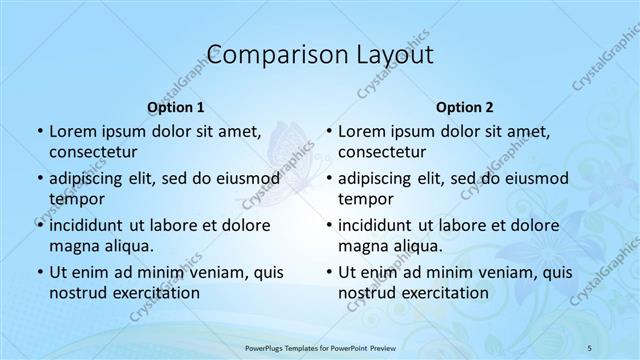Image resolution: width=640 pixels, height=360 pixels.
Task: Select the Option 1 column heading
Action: (x=176, y=106)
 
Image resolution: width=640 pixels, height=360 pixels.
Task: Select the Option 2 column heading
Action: (x=464, y=106)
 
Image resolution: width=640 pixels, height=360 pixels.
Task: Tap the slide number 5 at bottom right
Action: (x=590, y=347)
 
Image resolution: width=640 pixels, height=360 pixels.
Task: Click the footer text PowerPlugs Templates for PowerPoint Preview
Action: (x=319, y=347)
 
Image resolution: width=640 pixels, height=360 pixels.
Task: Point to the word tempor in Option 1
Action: (x=75, y=198)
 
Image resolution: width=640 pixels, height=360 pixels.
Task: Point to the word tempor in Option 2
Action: (x=364, y=198)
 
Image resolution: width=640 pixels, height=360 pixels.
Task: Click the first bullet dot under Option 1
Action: (x=39, y=131)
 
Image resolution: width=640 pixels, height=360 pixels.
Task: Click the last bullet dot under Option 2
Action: (x=328, y=272)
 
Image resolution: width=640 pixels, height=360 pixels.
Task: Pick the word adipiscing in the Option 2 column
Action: (x=381, y=178)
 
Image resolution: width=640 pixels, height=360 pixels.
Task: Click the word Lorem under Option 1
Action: (x=73, y=130)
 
